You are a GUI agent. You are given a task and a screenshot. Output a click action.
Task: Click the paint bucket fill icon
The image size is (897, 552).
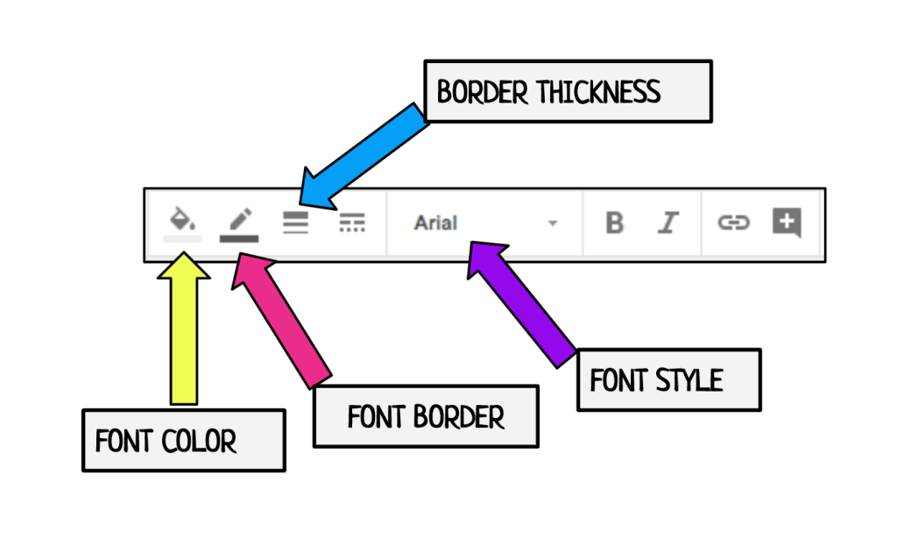182,219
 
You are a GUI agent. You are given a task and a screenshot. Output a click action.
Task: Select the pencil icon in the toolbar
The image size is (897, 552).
239,219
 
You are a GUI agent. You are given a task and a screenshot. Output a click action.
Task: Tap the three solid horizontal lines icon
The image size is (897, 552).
296,223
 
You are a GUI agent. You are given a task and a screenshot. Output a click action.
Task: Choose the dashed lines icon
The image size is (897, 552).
352,223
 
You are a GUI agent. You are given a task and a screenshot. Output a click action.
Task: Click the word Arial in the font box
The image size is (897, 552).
435,223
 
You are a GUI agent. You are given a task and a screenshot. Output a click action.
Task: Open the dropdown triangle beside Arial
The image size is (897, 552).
552,223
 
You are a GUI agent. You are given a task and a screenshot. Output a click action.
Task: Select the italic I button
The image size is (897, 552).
669,223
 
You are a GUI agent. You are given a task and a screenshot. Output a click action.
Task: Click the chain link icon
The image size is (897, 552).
733,223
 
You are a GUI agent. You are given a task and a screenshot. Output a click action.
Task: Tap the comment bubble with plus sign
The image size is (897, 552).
787,223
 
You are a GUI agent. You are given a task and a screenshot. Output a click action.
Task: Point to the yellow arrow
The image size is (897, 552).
184,333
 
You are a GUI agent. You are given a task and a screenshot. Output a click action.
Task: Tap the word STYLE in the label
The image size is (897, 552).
693,380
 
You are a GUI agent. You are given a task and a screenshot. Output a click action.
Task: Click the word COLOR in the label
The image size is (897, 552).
202,440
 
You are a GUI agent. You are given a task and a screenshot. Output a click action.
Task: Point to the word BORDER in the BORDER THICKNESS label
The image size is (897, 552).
481,92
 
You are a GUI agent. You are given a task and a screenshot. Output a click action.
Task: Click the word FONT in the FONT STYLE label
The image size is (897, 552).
618,380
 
